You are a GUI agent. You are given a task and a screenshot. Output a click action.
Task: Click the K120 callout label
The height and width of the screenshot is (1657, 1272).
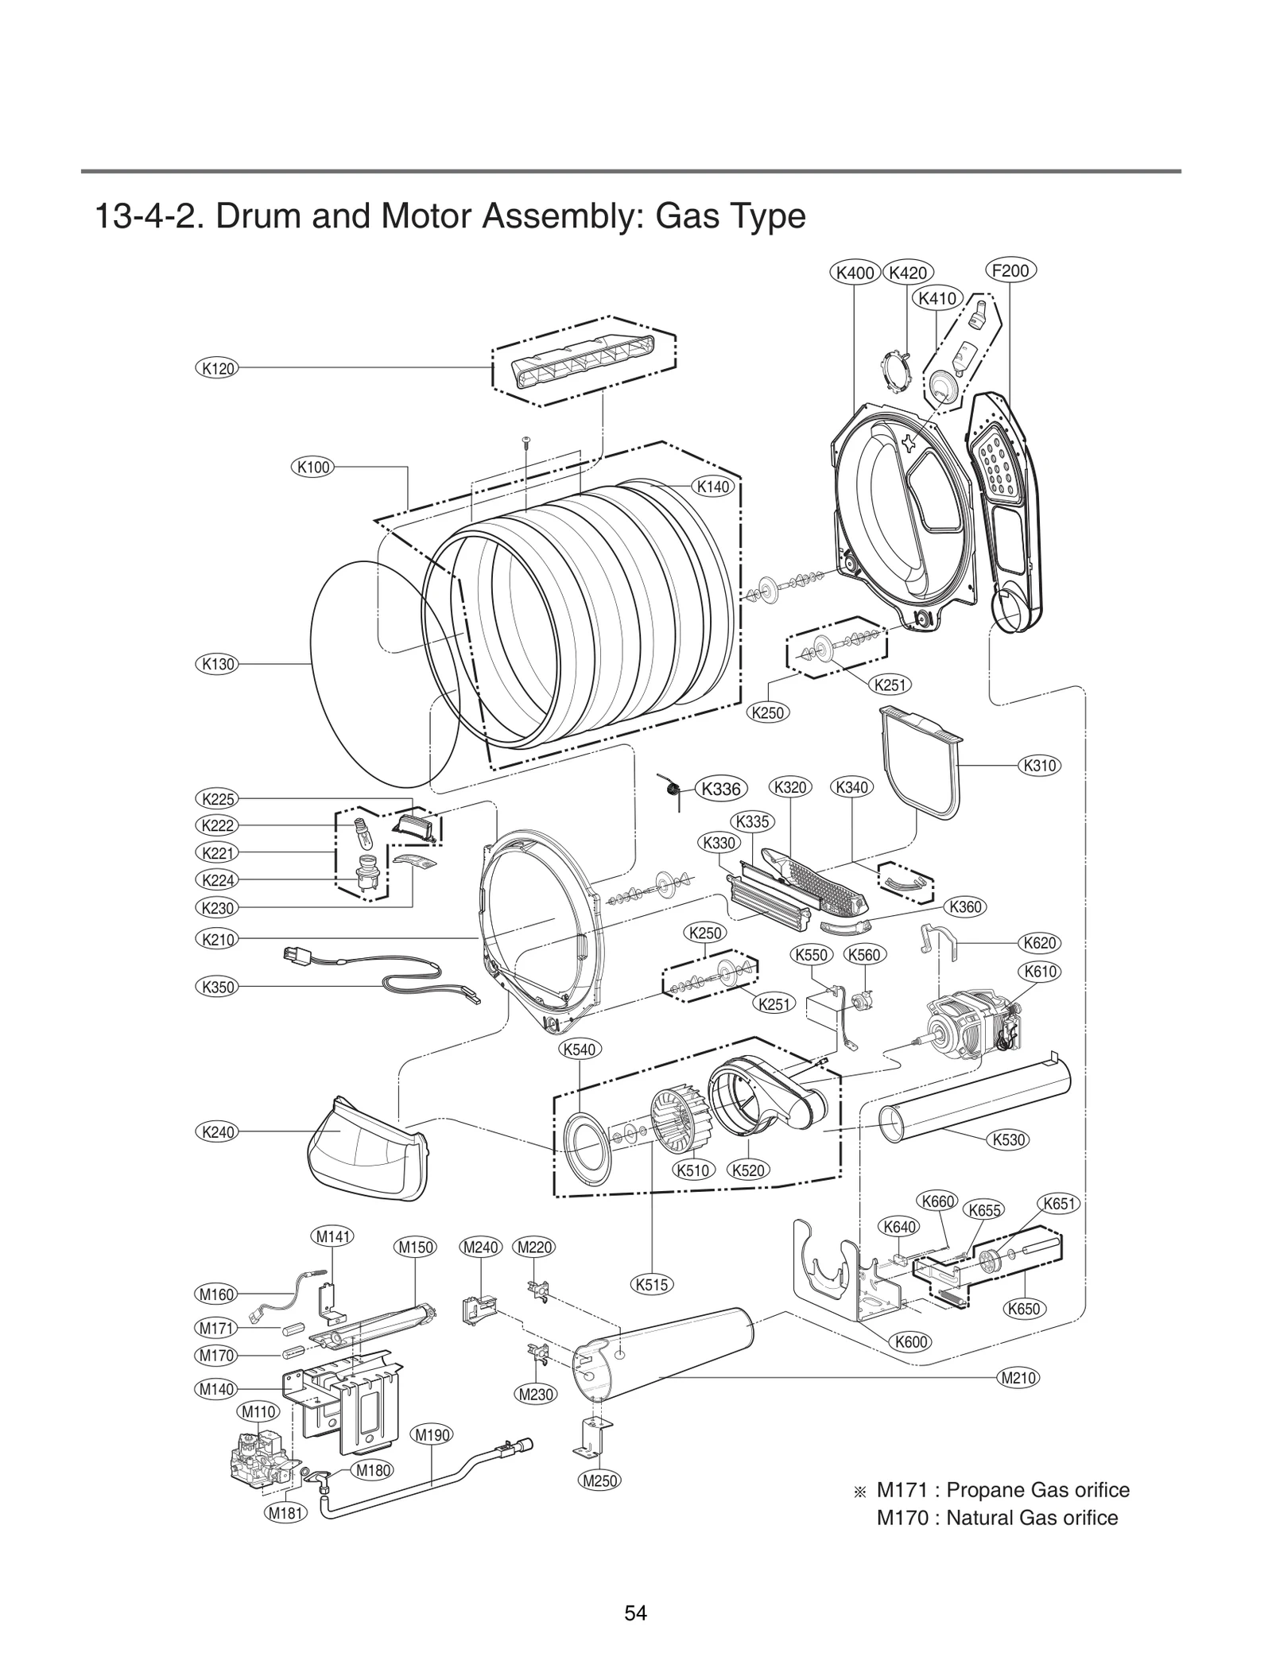216,368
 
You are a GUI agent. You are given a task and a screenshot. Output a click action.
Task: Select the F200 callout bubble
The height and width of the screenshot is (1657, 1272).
1010,270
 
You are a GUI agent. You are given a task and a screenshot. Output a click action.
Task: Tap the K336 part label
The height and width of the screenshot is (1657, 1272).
721,789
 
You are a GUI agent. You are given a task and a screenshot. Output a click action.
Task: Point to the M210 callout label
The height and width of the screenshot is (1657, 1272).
1018,1378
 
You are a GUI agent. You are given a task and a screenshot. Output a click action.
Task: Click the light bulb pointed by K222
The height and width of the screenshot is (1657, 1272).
363,831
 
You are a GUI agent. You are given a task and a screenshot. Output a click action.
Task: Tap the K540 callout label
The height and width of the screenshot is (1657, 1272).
579,1049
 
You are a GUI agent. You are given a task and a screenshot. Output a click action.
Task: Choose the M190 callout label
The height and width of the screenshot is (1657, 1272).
432,1434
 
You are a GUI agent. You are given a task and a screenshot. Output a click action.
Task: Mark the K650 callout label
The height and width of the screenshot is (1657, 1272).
1023,1308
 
